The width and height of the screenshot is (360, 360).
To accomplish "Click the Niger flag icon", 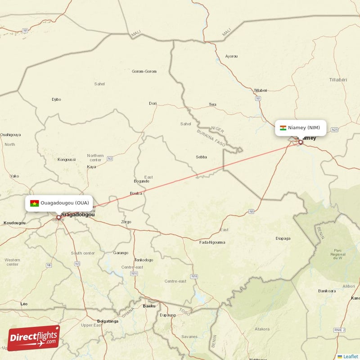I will coord(283,128).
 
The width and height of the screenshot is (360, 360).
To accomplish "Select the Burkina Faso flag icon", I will coord(34,203).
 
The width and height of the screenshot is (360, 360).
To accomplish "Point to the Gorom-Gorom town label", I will coord(144,72).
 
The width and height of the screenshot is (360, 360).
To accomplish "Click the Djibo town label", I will coord(56,99).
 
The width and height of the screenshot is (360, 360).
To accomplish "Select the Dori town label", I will coord(153,103).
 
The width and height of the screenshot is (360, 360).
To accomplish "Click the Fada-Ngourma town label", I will coord(212,243).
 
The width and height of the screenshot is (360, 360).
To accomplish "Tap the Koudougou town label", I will coord(14,223).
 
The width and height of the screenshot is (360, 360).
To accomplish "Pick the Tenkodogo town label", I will coord(144,260).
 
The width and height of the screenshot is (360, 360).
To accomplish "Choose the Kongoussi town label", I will coord(67,159).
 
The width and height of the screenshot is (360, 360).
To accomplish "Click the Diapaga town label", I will coord(283,238).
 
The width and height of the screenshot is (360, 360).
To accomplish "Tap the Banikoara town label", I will coord(327,291).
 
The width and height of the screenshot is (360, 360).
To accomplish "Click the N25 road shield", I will coord(334,130).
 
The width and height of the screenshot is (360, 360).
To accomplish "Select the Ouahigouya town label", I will coord(10,135).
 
